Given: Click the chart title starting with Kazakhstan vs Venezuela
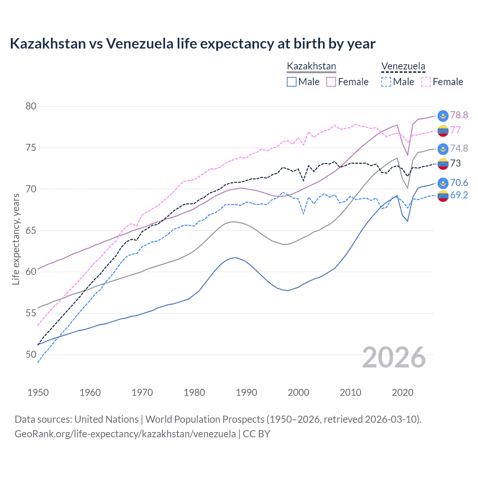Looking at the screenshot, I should pos(192,44).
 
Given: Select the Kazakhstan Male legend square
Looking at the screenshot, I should pos(292,82).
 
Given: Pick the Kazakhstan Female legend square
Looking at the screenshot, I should pos(331,82).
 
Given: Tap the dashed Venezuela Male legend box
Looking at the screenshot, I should pos(386,82).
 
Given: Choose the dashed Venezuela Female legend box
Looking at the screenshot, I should pos(426,82).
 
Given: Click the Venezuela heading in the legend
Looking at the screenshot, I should pos(403,66).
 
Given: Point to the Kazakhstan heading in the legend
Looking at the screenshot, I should pos(311,66).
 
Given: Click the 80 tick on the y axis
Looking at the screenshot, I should pos(31,106).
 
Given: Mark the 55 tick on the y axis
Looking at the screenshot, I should pos(31,313).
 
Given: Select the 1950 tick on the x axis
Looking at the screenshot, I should pos(38,392).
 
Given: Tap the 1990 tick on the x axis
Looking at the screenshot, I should pos(246,392).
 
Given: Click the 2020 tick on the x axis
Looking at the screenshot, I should pos(403,392).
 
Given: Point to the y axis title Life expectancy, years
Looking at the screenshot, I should pos(16,239).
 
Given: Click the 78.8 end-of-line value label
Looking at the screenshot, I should pos(459,115).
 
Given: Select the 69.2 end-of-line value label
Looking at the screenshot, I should pos(459,195).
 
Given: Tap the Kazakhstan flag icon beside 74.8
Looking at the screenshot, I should pos(443,149).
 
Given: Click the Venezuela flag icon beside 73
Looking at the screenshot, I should pos(443,164).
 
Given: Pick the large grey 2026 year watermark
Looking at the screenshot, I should pos(394,357).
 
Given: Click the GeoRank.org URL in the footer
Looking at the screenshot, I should pos(125,434).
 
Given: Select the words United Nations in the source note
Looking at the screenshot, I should pos(106,419).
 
